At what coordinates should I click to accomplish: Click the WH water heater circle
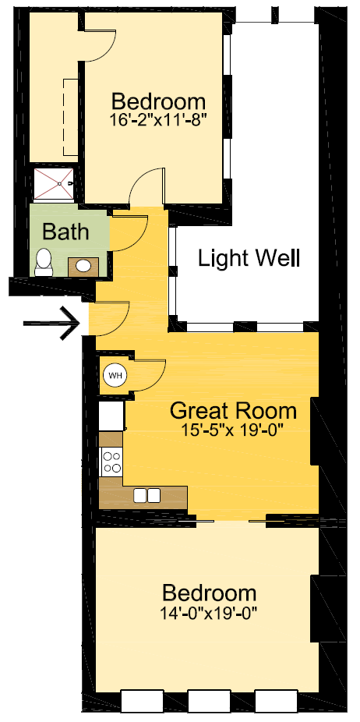click(x=115, y=376)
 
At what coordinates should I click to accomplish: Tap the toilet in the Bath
click(x=44, y=262)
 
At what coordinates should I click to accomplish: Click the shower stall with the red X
click(x=55, y=184)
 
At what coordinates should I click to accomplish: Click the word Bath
click(x=65, y=232)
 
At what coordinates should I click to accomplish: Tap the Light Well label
click(x=249, y=258)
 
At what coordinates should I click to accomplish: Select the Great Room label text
click(x=233, y=410)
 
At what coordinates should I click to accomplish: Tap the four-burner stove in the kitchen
click(x=111, y=463)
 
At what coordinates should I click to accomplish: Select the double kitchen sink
click(x=147, y=495)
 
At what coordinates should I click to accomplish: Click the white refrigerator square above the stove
click(x=111, y=416)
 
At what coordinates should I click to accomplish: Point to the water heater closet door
click(x=148, y=374)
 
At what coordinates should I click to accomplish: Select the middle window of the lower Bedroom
click(x=210, y=701)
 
